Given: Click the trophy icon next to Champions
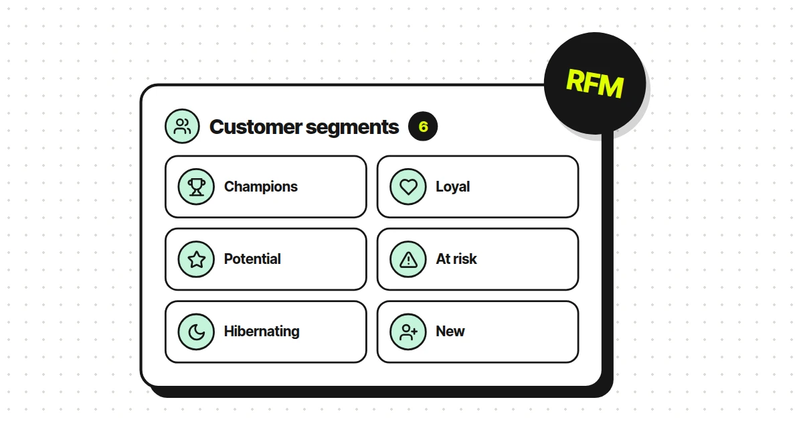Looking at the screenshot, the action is coord(197,187).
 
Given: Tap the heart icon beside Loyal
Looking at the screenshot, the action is coord(408,187).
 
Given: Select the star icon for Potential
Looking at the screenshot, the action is coord(197,259).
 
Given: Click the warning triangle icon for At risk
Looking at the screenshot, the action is coord(408,259).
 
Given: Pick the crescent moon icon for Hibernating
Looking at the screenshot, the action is coord(197,332).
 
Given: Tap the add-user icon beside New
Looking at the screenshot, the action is coord(408,332).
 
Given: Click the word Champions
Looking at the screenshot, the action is coord(260,187).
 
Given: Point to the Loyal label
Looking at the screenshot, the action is coord(452,187).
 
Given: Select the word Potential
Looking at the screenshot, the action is coord(252,259).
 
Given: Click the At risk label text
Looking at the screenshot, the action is coord(456,259).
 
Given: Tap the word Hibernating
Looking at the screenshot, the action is coord(262,332).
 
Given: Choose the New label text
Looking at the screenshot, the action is coord(450,332).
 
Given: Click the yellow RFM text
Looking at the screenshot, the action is coord(595,84).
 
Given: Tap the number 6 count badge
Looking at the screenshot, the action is coord(423,127).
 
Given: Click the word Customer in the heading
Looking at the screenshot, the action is coord(256,127).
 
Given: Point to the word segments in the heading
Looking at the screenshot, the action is coord(352,128).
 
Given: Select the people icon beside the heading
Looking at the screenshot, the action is coord(182,127).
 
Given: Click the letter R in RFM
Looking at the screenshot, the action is coord(575,80).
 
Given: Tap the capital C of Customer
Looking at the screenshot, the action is coord(217,127).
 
